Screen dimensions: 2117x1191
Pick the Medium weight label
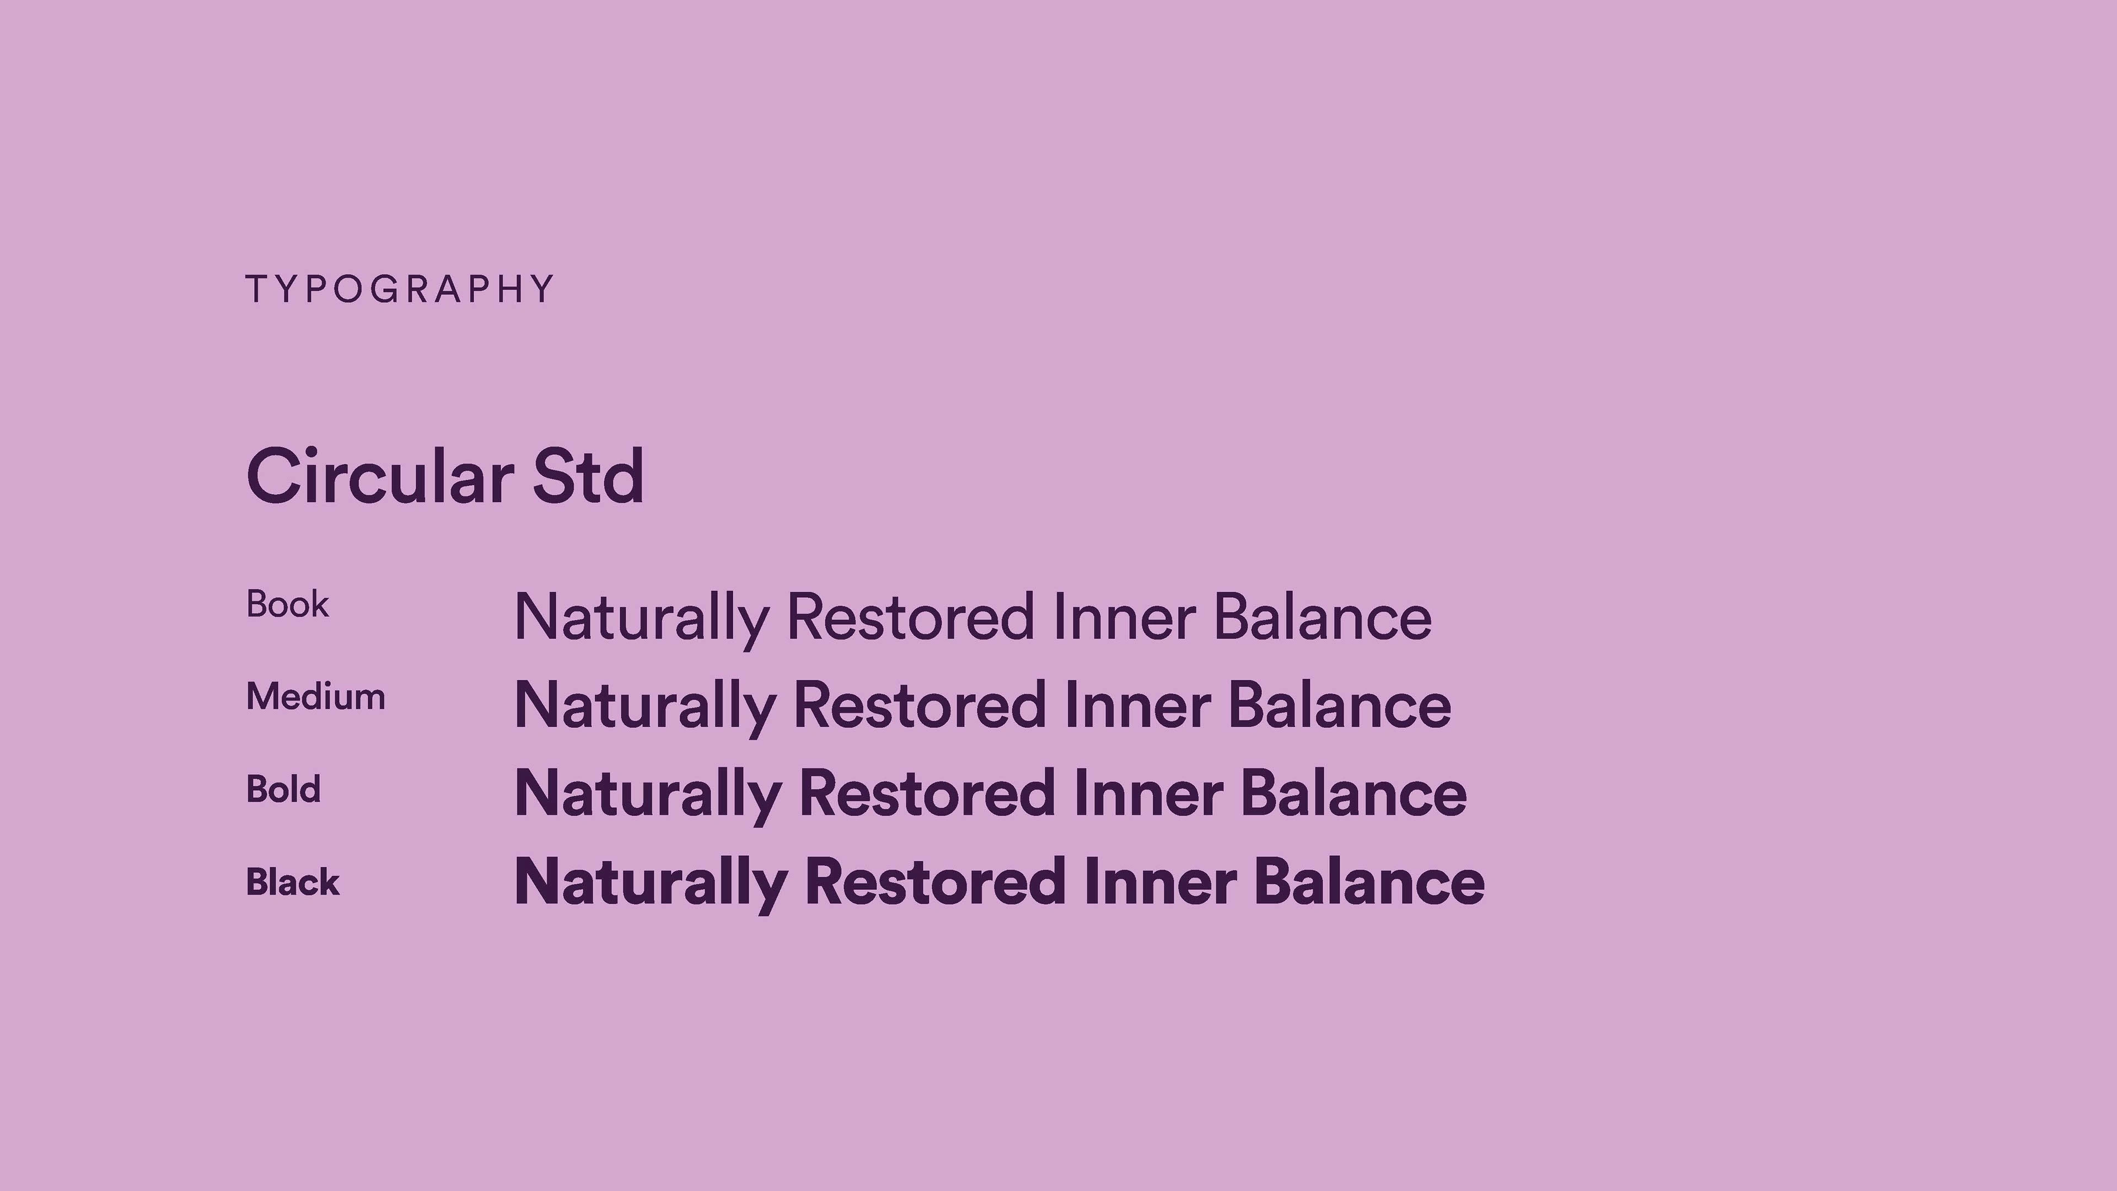[315, 697]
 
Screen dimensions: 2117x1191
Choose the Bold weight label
[283, 790]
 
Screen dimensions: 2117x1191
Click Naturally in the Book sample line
[642, 620]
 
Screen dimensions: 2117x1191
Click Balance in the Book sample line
[1323, 618]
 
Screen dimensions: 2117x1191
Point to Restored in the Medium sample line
[921, 705]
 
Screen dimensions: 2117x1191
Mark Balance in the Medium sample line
[1340, 705]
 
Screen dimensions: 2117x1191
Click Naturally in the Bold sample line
[648, 796]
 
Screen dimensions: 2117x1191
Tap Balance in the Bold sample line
[1353, 793]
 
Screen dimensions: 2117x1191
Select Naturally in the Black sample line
[651, 884]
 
